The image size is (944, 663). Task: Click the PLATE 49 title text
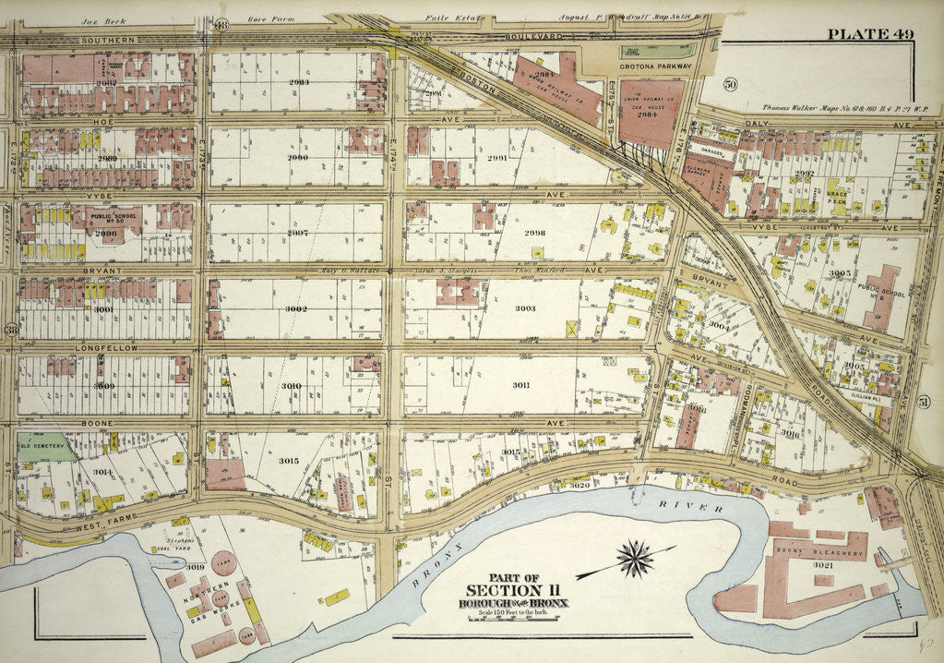(870, 35)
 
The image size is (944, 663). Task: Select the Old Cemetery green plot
(42, 447)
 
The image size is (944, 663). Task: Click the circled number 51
(924, 400)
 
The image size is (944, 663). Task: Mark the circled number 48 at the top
(221, 23)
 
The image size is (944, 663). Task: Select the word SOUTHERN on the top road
(107, 40)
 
